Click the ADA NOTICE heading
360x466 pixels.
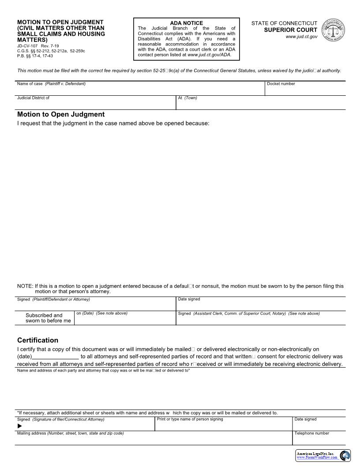point(186,23)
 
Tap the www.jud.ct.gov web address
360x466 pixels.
point(301,37)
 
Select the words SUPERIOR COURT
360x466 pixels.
point(291,30)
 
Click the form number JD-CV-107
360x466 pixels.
point(27,46)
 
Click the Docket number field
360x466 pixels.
point(305,90)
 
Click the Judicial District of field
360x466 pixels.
point(96,104)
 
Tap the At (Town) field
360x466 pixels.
point(261,104)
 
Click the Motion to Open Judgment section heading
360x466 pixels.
point(61,114)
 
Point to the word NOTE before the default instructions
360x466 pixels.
point(25,286)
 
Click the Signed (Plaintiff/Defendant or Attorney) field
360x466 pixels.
point(96,305)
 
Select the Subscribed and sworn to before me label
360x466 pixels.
point(48,318)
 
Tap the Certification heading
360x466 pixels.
point(37,340)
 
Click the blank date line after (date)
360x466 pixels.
point(56,357)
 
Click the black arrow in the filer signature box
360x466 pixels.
point(19,426)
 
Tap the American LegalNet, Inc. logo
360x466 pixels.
point(323,455)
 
